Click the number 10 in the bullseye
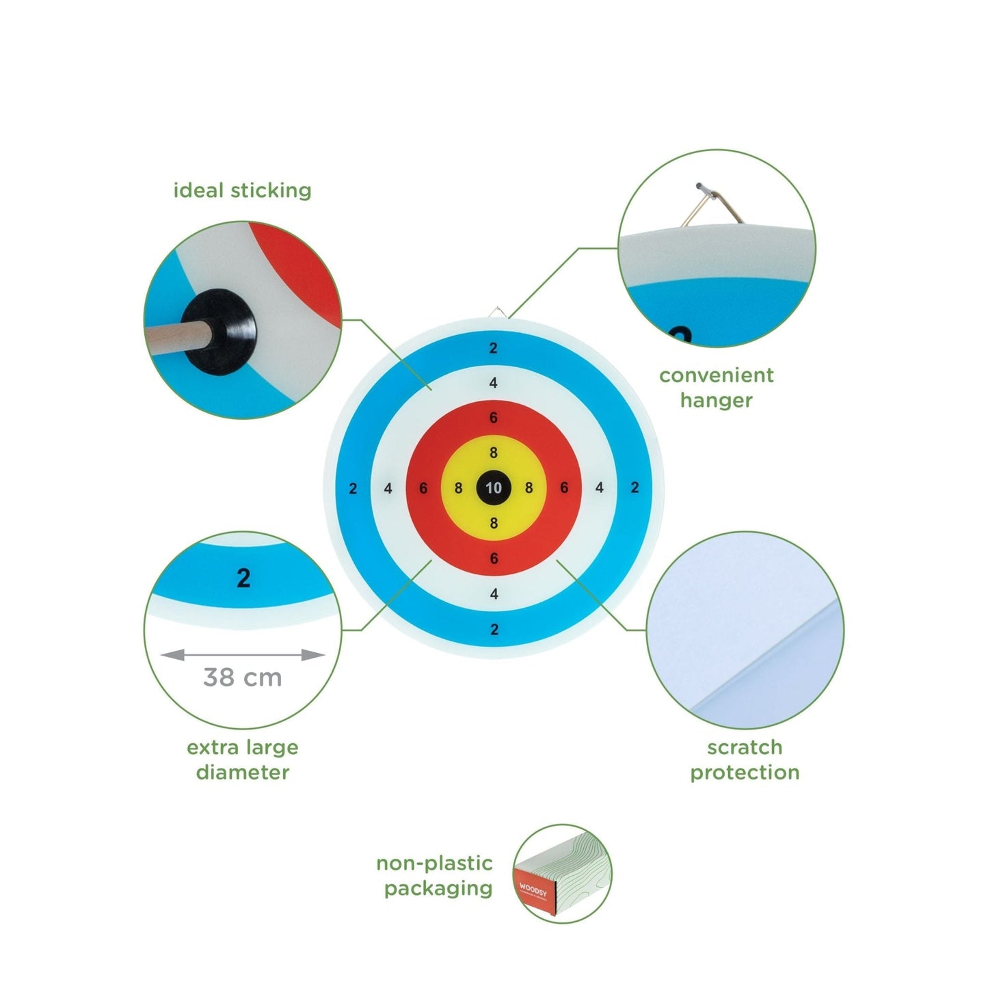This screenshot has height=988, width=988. click(x=494, y=488)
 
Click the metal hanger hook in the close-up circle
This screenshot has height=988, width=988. click(x=713, y=204)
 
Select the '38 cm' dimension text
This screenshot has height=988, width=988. click(x=242, y=678)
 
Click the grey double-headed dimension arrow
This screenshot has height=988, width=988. click(x=242, y=655)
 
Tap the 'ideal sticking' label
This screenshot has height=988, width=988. click(x=242, y=190)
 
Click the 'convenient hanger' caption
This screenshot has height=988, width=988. click(x=716, y=387)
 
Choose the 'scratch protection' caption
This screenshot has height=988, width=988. click(x=744, y=760)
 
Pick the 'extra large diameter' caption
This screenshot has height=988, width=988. click(x=242, y=760)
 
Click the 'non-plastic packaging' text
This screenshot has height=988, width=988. click(x=436, y=876)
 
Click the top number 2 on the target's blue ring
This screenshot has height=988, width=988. click(x=493, y=348)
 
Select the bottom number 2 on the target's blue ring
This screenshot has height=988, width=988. click(x=494, y=630)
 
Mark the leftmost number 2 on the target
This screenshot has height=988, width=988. click(x=353, y=488)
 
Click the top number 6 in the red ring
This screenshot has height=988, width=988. click(x=493, y=418)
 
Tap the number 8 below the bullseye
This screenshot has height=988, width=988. click(x=494, y=523)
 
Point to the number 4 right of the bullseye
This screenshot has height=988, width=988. click(x=600, y=488)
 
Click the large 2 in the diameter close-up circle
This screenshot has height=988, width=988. click(x=243, y=578)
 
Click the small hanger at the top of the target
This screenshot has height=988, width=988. click(x=498, y=314)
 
